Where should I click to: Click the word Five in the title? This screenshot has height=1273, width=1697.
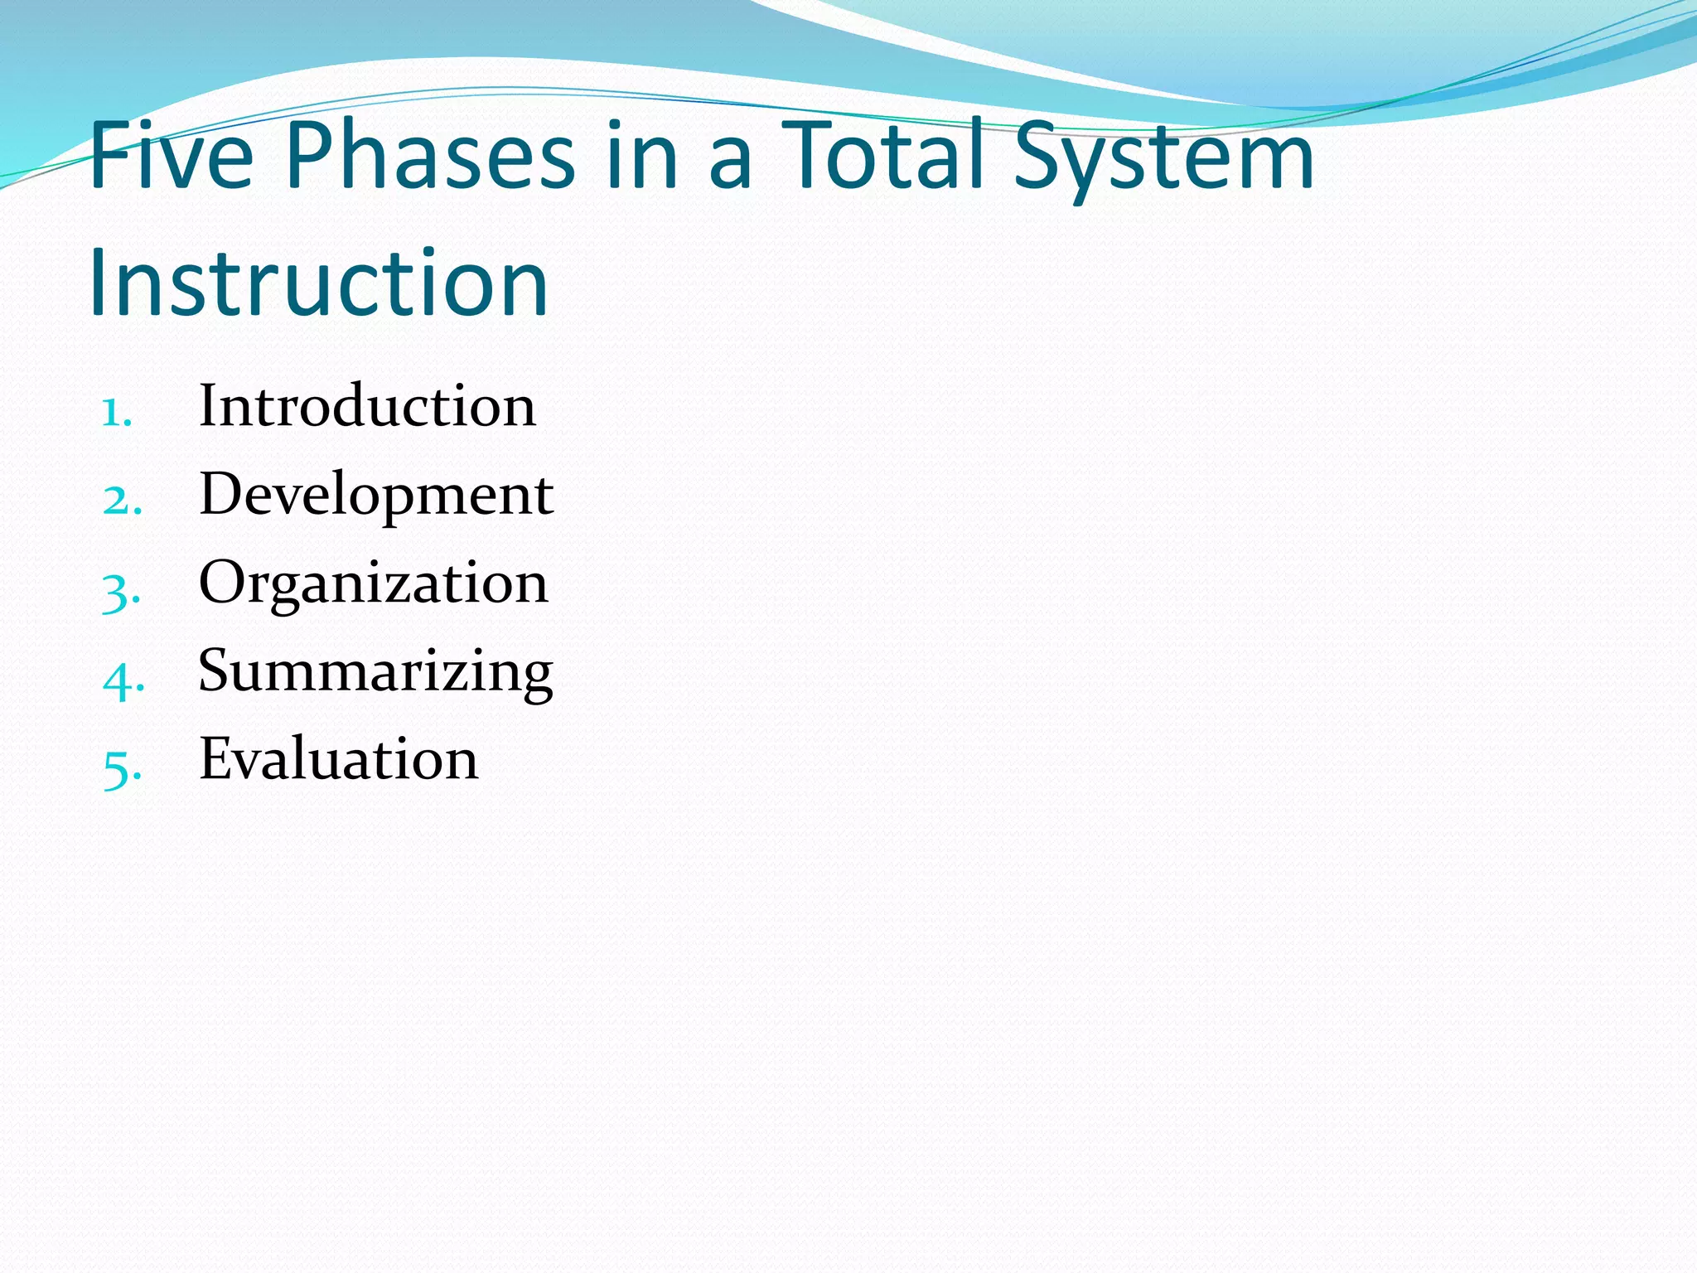click(171, 156)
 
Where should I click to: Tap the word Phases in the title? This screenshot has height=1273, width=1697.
click(430, 156)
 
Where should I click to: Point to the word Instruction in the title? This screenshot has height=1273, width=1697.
click(318, 283)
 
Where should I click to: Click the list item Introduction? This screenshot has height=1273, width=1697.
click(367, 406)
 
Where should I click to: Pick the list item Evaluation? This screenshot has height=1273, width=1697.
click(338, 759)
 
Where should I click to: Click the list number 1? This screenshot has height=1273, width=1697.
click(114, 412)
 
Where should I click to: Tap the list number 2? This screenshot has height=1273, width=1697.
click(121, 501)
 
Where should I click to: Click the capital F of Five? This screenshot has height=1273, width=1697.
click(109, 156)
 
